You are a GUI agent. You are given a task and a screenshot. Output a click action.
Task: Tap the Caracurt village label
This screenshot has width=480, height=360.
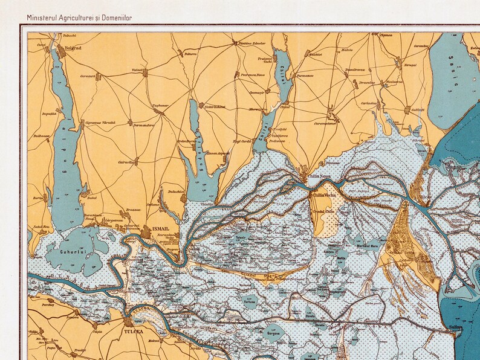88,77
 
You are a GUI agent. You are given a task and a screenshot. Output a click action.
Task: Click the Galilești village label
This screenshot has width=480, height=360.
418,109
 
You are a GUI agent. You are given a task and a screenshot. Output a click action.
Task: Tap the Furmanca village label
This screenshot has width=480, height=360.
305,76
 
